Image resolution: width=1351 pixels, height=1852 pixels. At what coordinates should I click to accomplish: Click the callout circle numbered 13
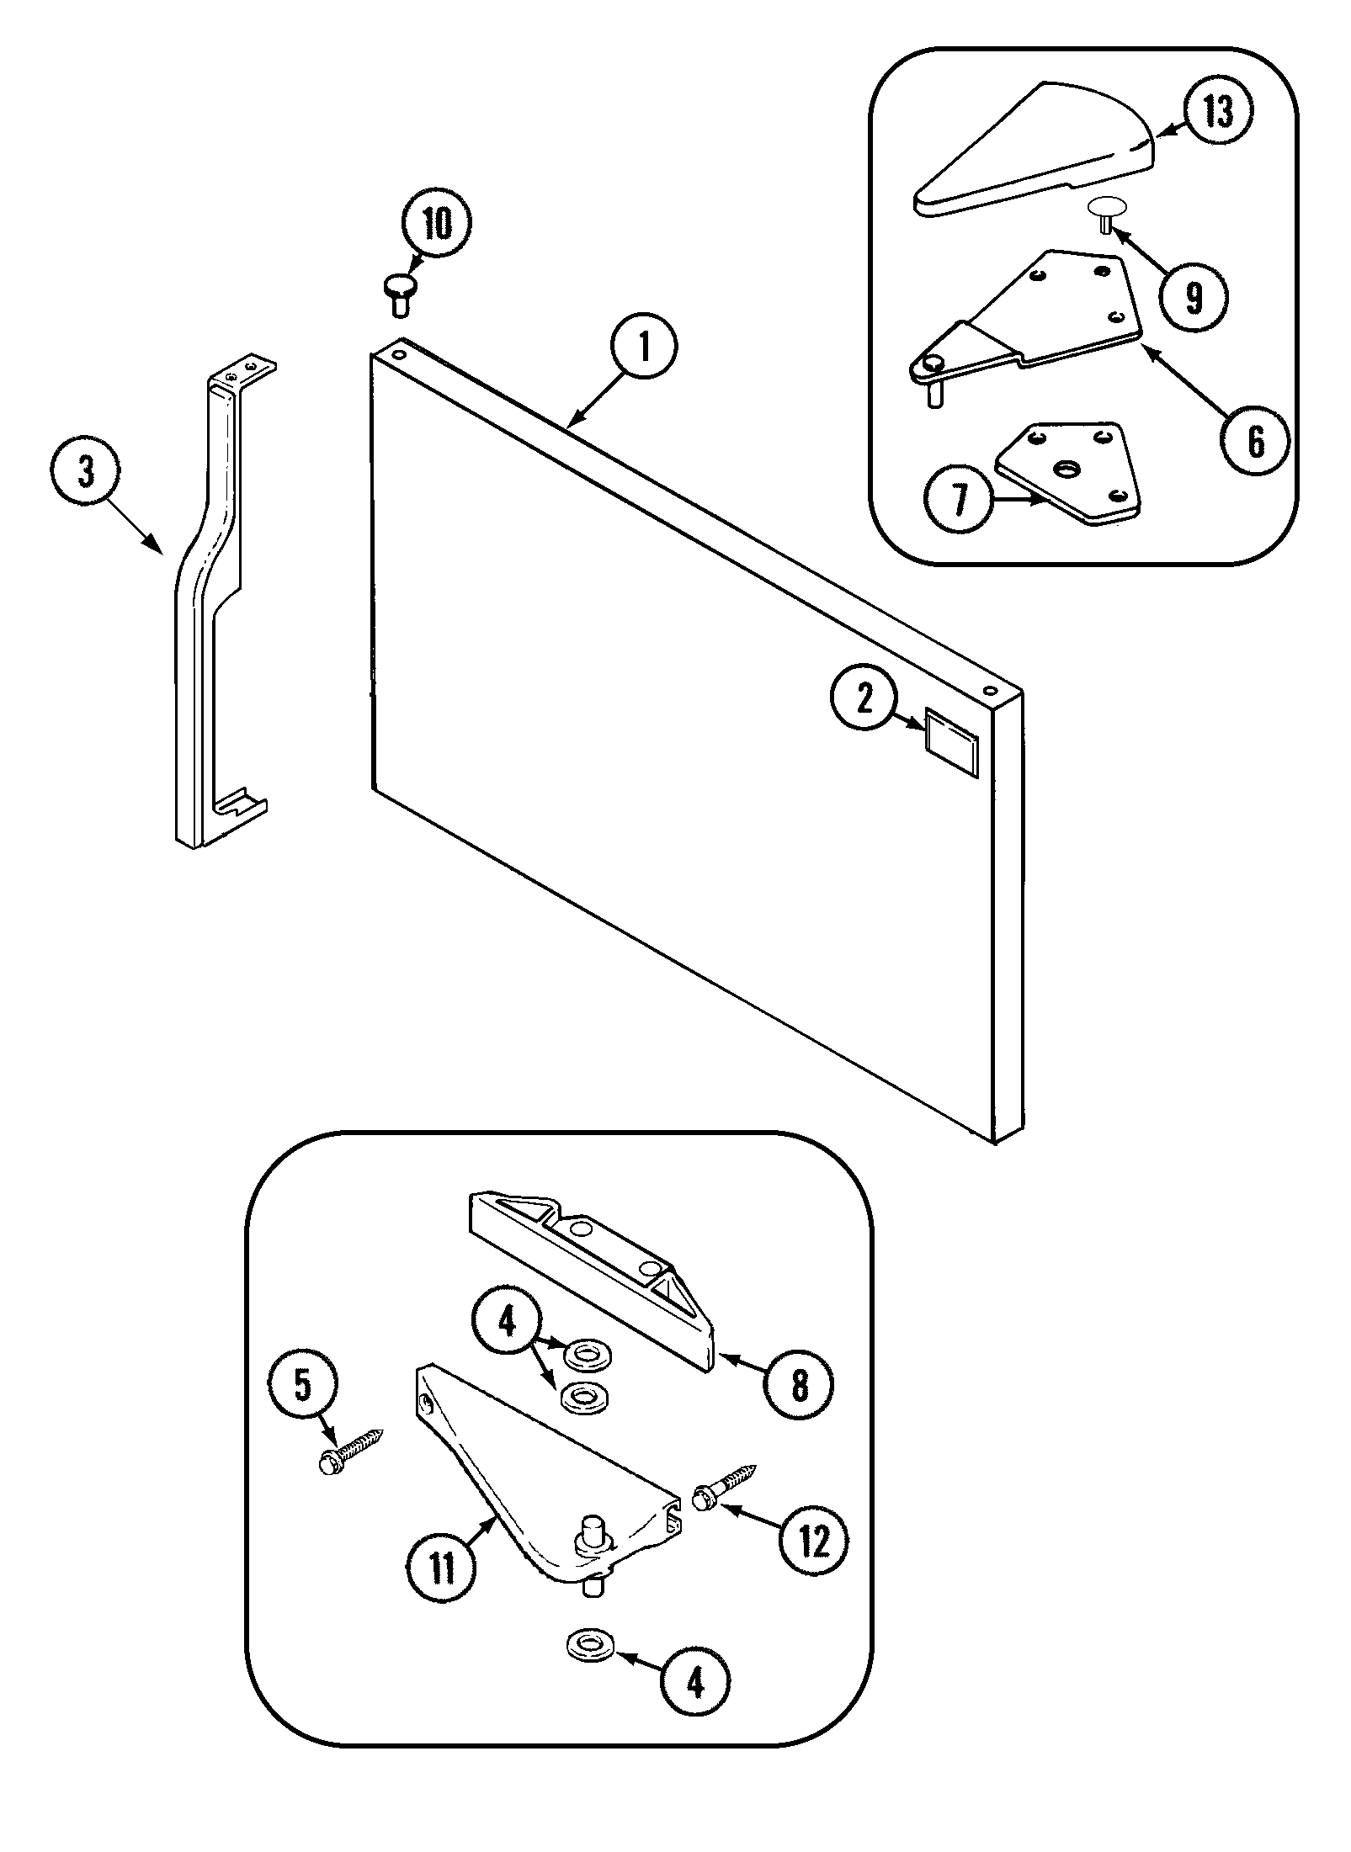click(1217, 111)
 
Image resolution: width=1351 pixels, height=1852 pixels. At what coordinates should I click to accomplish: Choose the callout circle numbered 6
click(1255, 441)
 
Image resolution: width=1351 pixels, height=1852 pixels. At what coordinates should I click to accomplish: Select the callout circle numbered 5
click(303, 1386)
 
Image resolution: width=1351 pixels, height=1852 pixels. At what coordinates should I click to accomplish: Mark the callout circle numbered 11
click(441, 1567)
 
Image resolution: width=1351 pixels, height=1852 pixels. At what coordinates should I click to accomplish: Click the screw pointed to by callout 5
click(352, 1451)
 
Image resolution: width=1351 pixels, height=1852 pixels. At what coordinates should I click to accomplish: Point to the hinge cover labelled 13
click(1035, 151)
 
